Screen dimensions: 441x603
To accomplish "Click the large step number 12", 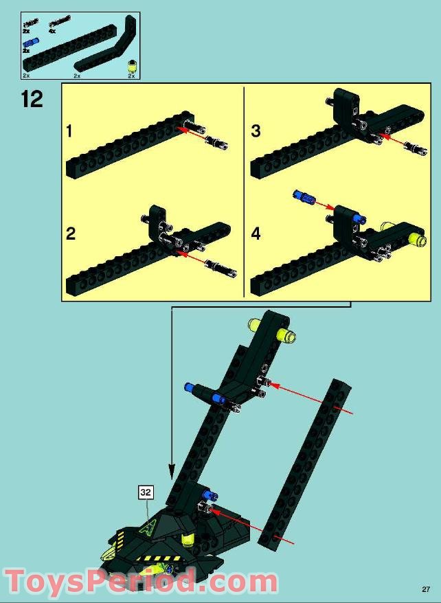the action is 32,99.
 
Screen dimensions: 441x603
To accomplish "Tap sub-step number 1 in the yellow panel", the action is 69,131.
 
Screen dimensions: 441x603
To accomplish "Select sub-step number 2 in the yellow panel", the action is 71,234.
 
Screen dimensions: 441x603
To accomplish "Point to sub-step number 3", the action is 256,130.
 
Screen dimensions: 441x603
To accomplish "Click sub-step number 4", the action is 256,234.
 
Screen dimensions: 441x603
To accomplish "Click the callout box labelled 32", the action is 146,492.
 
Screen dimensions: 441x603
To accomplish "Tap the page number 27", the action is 426,589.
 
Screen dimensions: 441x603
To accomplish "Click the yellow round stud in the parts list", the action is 132,66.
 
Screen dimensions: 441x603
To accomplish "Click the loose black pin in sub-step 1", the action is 217,143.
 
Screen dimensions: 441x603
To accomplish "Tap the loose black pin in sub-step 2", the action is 220,268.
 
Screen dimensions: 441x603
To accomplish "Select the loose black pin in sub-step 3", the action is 416,148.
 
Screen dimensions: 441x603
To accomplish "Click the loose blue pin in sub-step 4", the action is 304,196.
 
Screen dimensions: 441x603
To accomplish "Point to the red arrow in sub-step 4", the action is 324,205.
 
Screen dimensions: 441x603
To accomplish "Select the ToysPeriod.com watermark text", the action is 141,581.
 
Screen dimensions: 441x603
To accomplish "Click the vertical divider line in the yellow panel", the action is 244,192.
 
